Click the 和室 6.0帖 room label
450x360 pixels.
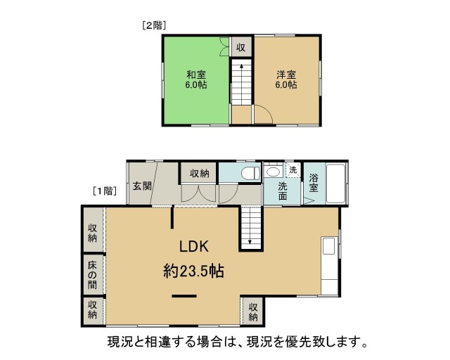coord(196,80)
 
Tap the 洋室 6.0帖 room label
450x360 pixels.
coord(286,80)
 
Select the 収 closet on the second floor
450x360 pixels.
coord(241,47)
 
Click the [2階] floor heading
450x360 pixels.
coord(154,26)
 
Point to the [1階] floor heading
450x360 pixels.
coord(105,191)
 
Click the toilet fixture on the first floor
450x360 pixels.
coord(250,174)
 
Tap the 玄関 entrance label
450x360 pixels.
coord(142,186)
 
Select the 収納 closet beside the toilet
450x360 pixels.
coord(199,173)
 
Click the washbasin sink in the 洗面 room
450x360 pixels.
coord(273,172)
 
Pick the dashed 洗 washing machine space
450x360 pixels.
coord(292,170)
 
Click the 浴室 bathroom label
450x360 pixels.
coord(314,183)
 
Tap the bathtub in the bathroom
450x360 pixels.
coord(335,184)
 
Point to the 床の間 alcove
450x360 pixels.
coord(93,275)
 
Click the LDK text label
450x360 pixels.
coord(194,247)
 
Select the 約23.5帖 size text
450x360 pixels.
coord(194,271)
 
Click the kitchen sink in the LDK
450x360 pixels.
coord(329,245)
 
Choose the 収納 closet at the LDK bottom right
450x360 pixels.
coord(253,311)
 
